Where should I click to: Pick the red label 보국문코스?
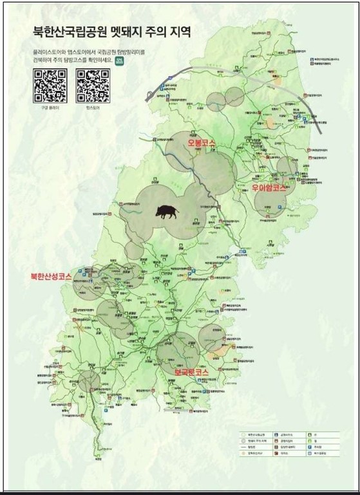point(191,372)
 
